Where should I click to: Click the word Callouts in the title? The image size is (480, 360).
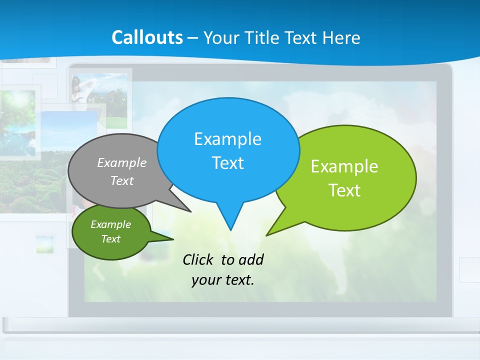pos(147,37)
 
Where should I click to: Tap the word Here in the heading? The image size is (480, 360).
pos(341,37)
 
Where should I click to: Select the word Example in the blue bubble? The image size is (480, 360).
pos(227,139)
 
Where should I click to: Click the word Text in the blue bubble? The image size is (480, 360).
pos(227,163)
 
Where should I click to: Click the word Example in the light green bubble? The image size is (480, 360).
pos(344,166)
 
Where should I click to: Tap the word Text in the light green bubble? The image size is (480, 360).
pos(344,190)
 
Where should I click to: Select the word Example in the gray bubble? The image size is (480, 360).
pos(121,162)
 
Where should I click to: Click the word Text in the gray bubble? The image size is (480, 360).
pos(121,180)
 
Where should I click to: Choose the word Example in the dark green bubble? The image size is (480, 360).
pos(110,224)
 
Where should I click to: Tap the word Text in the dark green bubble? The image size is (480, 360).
pos(110,239)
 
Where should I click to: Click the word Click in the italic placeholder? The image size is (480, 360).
pos(199,259)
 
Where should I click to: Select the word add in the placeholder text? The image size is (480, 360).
pos(251,259)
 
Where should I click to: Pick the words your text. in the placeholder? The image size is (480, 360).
pos(223,280)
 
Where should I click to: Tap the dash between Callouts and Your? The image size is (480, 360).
pos(192,38)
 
